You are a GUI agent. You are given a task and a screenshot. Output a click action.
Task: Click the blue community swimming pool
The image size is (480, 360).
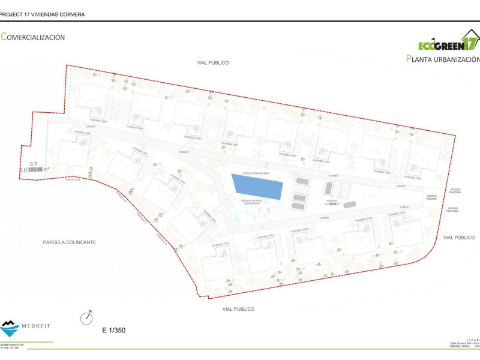[256, 186]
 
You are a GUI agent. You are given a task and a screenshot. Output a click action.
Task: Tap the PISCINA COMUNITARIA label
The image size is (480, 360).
[255, 172]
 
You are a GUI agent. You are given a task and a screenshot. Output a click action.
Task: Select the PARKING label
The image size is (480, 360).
[332, 201]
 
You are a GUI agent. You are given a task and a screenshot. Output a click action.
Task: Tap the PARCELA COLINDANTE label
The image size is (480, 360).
[70, 242]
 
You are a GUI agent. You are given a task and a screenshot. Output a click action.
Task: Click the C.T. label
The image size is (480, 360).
[34, 163]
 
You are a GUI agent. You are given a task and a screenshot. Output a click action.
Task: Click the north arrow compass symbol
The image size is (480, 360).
[87, 317]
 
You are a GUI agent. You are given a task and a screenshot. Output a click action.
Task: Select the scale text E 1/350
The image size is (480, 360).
[113, 330]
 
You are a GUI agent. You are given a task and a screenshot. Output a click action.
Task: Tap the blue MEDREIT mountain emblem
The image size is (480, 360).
[10, 328]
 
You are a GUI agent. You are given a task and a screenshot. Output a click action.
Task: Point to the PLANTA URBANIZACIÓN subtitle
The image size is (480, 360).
[443, 59]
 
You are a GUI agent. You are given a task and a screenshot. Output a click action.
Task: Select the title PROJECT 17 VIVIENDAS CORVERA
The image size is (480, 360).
[43, 14]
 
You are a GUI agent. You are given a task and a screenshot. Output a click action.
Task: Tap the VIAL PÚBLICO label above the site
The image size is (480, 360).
[213, 62]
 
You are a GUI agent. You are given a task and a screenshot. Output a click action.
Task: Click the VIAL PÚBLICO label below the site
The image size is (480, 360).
[238, 309]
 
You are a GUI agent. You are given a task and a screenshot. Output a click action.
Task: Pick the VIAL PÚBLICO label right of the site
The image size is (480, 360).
[459, 238]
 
